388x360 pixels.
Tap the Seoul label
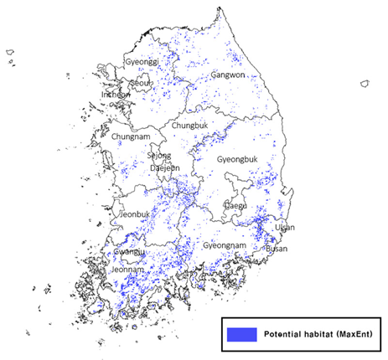pos(141,82)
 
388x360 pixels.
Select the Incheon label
pos(116,95)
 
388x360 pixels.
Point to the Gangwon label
pos(227,75)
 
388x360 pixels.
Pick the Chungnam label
pos(129,136)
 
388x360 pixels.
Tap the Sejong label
pos(158,156)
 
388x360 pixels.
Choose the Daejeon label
pos(164,167)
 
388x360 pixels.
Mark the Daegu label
pos(236,205)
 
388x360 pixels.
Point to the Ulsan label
pos(285,227)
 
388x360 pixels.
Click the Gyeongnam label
pos(225,246)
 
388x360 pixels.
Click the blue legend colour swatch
pos(241,333)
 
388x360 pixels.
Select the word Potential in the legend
pos(287,333)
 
